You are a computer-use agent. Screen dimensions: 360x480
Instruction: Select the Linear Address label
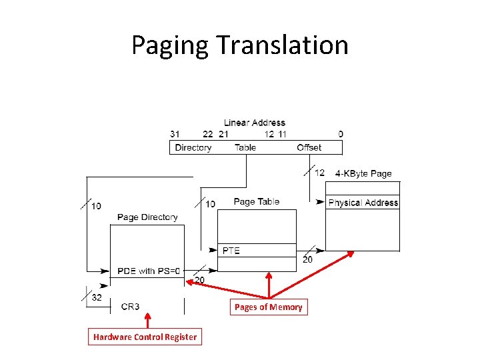254,123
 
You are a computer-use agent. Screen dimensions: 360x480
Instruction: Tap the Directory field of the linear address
193,147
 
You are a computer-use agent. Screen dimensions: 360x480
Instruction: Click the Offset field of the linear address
309,147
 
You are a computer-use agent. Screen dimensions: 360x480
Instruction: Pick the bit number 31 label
175,134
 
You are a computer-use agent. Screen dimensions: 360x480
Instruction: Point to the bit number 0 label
341,134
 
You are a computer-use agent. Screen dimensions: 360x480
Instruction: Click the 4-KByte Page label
363,173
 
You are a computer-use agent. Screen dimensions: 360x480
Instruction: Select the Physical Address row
363,203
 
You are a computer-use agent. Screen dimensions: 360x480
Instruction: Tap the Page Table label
257,201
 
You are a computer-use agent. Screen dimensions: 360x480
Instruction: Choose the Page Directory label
147,217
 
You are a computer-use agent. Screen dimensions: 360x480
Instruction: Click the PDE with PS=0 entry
149,271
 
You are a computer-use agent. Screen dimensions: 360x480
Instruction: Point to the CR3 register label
131,307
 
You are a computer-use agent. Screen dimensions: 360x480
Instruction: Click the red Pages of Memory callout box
269,307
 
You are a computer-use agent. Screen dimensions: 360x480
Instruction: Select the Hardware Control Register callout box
145,337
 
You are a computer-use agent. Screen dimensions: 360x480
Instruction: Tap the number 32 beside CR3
97,298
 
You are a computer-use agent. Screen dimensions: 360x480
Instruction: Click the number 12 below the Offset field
319,173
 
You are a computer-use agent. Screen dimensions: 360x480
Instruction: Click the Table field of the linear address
245,147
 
